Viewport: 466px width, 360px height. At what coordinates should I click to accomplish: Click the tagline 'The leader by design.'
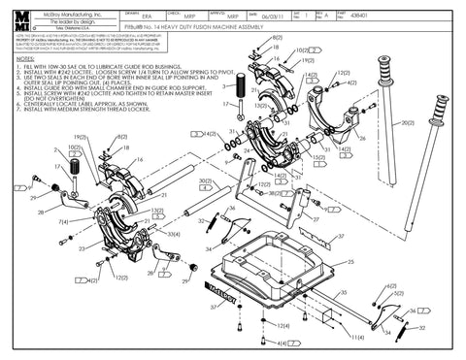click(x=78, y=22)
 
